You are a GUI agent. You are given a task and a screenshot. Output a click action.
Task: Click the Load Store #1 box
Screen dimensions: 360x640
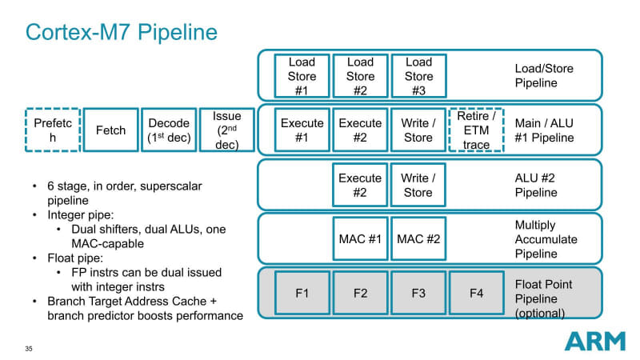302,76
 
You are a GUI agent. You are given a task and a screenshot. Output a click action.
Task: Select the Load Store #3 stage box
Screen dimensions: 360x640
418,76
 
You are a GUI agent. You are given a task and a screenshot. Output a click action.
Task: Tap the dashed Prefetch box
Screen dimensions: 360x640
53,130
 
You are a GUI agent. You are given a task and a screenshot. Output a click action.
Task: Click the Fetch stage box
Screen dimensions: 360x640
110,130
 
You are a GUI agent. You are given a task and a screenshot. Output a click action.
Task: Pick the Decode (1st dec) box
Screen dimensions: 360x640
169,130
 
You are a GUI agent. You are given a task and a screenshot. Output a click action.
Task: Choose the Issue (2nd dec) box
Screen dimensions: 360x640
227,130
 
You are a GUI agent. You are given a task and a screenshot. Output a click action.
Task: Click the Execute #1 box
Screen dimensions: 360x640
302,130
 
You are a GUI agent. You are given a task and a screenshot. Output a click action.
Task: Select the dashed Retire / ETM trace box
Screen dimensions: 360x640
477,130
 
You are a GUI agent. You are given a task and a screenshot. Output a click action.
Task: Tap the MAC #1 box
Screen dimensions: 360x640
360,238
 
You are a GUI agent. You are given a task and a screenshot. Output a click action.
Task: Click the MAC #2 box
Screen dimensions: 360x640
418,238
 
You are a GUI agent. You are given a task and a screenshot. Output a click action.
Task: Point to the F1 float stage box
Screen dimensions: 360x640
302,293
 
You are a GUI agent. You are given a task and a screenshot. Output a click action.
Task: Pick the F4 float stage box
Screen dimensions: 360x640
477,293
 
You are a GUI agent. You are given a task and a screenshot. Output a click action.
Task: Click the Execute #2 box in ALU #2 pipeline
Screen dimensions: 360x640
360,184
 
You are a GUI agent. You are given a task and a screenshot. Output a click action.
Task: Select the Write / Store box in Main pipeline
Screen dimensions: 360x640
418,130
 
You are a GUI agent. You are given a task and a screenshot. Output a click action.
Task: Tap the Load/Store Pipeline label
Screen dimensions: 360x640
544,75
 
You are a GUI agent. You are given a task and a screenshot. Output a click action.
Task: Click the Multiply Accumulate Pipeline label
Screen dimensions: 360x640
547,239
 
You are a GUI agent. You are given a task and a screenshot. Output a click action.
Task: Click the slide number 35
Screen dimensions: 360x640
29,349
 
